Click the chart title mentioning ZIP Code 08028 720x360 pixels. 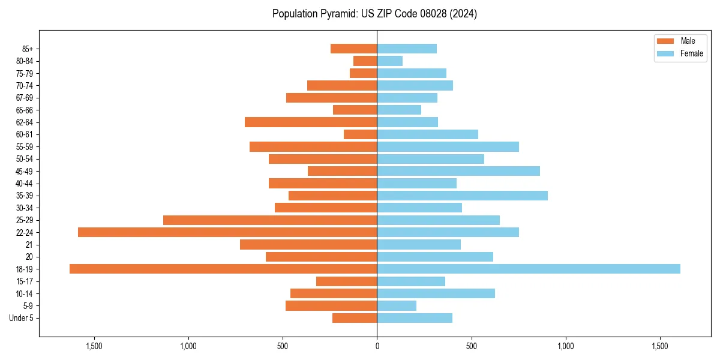pos(374,14)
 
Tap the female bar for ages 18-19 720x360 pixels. pos(528,269)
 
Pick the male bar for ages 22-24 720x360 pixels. pos(227,232)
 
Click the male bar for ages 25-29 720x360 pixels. pos(270,220)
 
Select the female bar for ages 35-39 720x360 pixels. pos(462,196)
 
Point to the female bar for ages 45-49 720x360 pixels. pos(458,171)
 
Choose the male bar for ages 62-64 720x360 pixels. pos(311,122)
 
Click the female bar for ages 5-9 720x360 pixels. pos(397,305)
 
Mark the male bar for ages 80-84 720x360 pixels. pos(365,61)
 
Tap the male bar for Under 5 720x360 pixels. pos(355,318)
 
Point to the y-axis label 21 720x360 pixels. pos(29,245)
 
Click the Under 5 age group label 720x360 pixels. pos(22,318)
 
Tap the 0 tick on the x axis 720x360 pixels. pos(377,346)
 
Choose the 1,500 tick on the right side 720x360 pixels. pos(659,346)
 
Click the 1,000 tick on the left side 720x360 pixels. pos(188,346)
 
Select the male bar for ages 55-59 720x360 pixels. pos(313,146)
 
